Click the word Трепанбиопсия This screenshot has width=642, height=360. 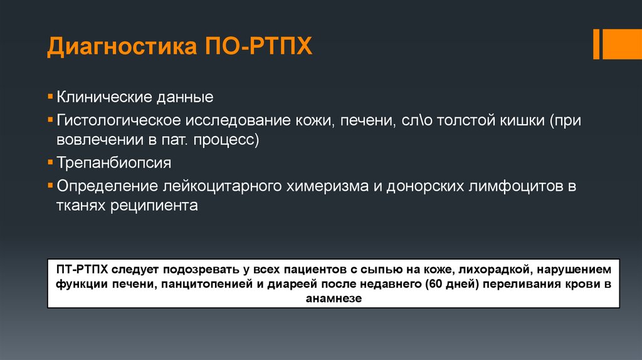[113, 162]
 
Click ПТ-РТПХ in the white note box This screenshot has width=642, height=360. [83, 270]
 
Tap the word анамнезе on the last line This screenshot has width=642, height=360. [334, 299]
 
